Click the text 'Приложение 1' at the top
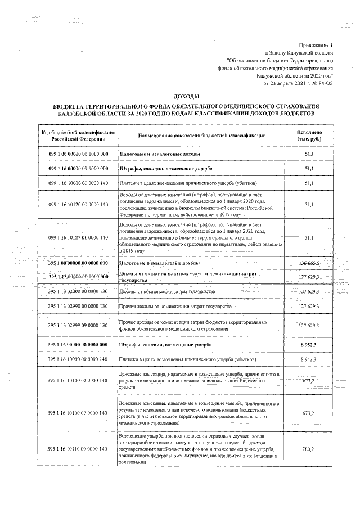316,44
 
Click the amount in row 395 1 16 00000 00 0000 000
308,344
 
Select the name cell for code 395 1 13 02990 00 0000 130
174,306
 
